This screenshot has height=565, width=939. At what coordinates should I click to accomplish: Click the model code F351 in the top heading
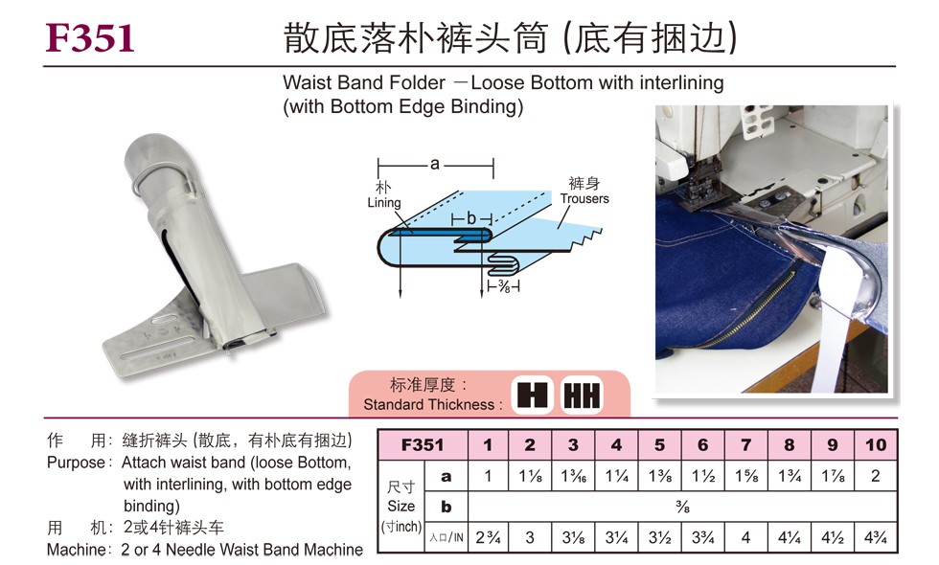click(x=90, y=37)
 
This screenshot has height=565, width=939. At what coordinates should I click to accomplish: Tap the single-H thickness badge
click(x=532, y=395)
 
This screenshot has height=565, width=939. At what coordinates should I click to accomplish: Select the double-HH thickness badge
click(x=582, y=395)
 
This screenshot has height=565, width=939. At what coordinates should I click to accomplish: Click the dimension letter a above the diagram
click(x=435, y=164)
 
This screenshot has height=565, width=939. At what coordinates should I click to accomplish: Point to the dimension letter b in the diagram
click(x=471, y=219)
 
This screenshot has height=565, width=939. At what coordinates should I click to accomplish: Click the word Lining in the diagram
click(x=384, y=202)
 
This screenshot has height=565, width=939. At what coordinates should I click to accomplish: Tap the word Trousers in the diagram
click(x=584, y=199)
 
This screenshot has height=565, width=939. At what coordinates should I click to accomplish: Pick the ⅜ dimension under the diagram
click(x=504, y=286)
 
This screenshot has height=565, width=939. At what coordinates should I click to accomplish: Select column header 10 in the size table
click(x=875, y=444)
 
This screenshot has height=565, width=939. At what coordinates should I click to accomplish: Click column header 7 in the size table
click(x=745, y=444)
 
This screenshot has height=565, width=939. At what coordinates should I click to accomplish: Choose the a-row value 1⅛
click(x=530, y=476)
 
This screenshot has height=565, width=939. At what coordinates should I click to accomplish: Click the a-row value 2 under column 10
click(x=875, y=476)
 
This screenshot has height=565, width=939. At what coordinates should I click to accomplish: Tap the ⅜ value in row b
click(x=682, y=507)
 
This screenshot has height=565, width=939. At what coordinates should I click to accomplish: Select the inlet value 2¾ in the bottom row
click(x=488, y=537)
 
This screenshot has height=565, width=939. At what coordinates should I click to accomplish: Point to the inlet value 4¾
click(x=875, y=537)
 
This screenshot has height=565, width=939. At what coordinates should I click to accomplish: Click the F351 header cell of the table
click(x=423, y=444)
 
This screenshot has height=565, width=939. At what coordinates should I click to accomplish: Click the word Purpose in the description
click(x=76, y=463)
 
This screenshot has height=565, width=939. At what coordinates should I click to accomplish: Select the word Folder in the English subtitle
click(x=413, y=82)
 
